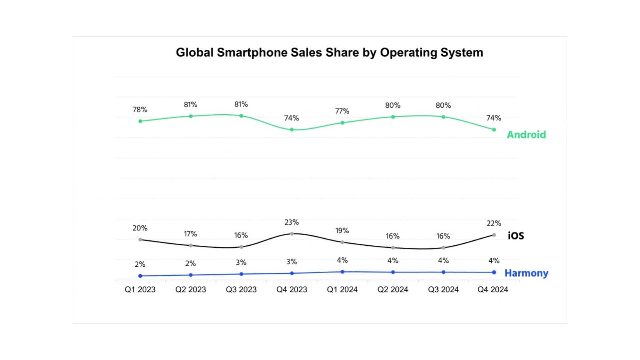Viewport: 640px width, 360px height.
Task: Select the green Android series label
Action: click(x=526, y=135)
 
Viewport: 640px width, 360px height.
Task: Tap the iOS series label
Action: click(x=516, y=236)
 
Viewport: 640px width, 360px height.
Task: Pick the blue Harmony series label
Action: click(x=526, y=273)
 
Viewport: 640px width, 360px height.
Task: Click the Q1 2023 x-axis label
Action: click(x=140, y=289)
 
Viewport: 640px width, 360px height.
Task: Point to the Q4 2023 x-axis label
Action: click(x=292, y=289)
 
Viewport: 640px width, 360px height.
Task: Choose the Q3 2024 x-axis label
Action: click(x=443, y=289)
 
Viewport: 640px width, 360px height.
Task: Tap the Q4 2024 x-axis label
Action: click(x=493, y=289)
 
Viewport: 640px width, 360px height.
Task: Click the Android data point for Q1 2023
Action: click(x=140, y=121)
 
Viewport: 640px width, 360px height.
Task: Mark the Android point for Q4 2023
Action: click(x=292, y=130)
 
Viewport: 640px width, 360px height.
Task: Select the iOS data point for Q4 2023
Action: click(x=292, y=234)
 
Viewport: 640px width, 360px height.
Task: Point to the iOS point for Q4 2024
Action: click(x=494, y=235)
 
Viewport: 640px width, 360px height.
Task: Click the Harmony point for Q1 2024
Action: click(x=342, y=272)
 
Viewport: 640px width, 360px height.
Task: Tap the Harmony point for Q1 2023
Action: click(x=140, y=276)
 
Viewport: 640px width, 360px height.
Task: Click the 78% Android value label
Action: click(x=140, y=110)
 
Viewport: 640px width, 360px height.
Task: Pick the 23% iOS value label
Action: click(x=292, y=222)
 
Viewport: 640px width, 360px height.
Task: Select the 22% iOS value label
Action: click(x=494, y=223)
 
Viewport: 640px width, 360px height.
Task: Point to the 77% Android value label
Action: click(x=342, y=111)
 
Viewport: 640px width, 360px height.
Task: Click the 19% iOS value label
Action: click(x=342, y=231)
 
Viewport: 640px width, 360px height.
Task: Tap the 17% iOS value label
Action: click(x=191, y=234)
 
